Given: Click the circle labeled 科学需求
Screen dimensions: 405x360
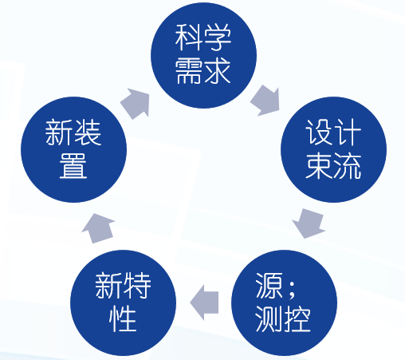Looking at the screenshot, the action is [203, 55].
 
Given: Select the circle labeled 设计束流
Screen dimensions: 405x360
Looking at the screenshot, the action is [333, 149].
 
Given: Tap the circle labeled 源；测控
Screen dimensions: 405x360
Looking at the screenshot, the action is [284, 303].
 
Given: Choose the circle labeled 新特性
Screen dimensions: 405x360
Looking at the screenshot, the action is [123, 303].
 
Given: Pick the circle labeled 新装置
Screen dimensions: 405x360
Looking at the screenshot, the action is [73, 149].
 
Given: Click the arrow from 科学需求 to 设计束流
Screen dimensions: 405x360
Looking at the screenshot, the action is [265, 101].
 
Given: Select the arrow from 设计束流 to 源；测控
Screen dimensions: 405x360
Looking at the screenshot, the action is [309, 224].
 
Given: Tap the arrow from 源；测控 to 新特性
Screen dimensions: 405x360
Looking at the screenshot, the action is [204, 303].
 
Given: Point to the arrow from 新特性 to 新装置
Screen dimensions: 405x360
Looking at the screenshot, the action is [98, 228].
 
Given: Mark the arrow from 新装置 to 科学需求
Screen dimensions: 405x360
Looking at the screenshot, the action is [136, 104].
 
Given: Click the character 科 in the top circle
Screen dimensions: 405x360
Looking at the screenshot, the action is [188, 38].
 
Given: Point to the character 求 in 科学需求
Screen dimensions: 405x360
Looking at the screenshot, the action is [218, 71].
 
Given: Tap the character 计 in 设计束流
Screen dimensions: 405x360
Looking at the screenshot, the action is [348, 133].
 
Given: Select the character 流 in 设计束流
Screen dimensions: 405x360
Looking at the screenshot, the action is [348, 166].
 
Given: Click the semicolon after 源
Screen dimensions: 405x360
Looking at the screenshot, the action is [291, 289].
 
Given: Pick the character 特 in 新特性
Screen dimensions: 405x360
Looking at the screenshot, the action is [137, 286].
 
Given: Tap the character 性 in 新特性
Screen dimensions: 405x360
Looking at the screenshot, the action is [123, 319].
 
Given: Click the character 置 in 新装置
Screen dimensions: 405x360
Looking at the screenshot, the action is [73, 165].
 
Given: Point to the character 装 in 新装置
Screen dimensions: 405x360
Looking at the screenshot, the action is [88, 133].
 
